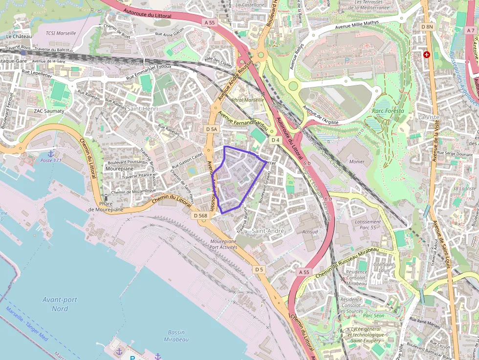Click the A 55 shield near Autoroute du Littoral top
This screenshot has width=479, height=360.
210,22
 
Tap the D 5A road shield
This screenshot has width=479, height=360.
211,129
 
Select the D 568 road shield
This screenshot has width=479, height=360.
200,215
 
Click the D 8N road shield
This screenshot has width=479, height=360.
427,27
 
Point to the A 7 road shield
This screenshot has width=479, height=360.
471,30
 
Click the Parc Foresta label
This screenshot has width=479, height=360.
388,111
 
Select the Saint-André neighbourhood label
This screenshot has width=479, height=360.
267,230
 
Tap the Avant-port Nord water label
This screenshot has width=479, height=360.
60,304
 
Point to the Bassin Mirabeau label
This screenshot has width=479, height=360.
176,336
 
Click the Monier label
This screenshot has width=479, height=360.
357,161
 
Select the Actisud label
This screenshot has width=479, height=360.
310,232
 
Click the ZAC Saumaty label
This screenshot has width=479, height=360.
49,111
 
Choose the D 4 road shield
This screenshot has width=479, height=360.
275,140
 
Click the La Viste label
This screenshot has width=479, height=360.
428,117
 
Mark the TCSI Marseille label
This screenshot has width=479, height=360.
61,33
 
